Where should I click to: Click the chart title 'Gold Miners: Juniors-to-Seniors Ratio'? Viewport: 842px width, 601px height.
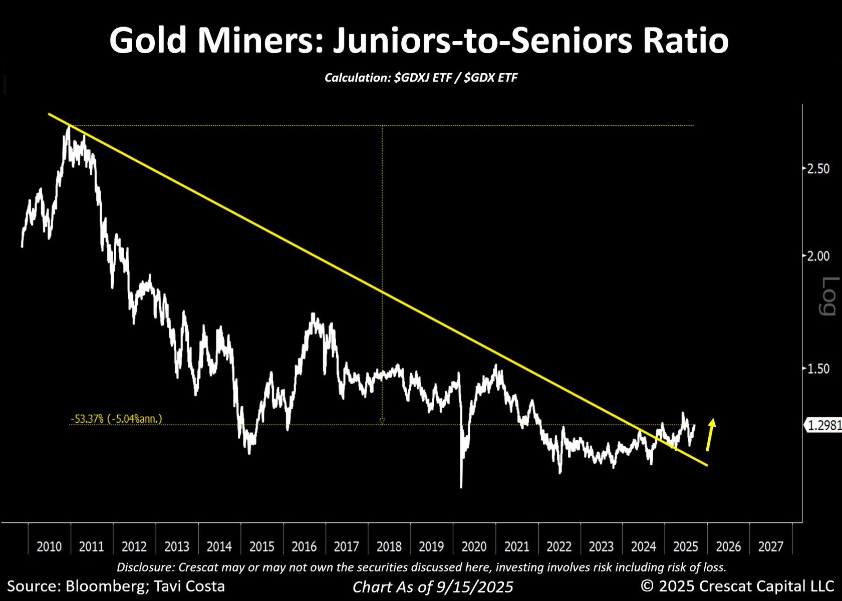click(419, 41)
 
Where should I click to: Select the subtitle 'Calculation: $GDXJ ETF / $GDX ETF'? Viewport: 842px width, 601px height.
click(421, 78)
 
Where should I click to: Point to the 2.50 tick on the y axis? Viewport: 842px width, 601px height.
click(818, 169)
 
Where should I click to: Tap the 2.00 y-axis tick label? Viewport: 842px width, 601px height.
click(818, 256)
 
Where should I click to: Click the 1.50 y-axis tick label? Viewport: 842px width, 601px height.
click(818, 369)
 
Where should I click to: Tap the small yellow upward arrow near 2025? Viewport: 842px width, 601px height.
click(710, 434)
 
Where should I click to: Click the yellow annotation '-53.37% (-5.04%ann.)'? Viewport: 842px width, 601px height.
click(117, 419)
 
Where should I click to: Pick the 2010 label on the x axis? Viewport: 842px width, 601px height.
click(49, 546)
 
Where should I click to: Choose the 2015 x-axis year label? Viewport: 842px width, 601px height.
click(261, 546)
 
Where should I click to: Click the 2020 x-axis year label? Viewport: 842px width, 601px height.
click(474, 546)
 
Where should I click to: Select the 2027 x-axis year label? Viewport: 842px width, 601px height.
click(770, 546)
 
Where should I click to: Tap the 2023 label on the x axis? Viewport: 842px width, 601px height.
click(601, 546)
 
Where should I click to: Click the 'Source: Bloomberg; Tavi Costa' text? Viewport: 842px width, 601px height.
click(116, 586)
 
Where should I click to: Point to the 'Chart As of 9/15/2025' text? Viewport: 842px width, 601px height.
click(433, 587)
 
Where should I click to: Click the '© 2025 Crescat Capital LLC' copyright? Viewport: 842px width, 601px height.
click(737, 586)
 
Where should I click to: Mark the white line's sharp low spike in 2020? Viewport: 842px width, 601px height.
click(461, 486)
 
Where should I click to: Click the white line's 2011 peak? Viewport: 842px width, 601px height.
click(68, 128)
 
